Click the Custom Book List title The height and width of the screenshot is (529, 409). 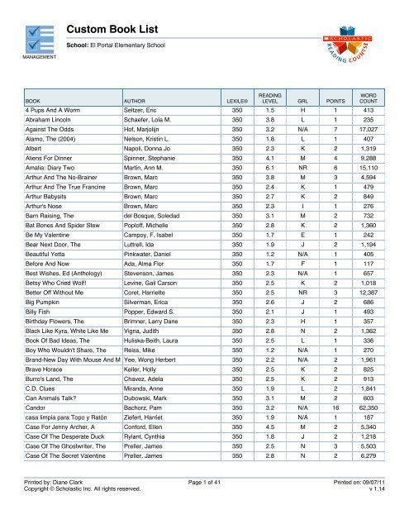[x=117, y=28]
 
